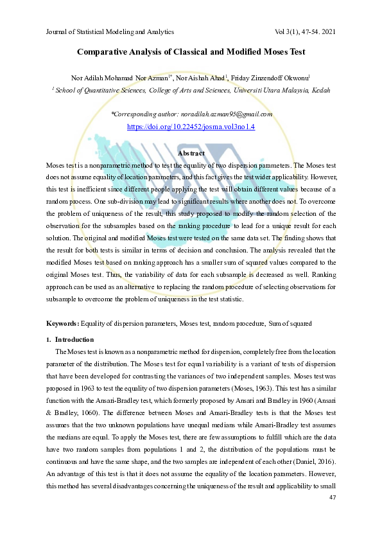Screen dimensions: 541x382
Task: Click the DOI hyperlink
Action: (x=191, y=127)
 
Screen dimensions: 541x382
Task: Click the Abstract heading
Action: (x=191, y=154)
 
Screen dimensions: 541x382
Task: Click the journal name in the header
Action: (x=110, y=31)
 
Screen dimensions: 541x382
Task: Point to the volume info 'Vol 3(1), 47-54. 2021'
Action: (x=304, y=31)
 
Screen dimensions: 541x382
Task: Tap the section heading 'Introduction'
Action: (x=74, y=339)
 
